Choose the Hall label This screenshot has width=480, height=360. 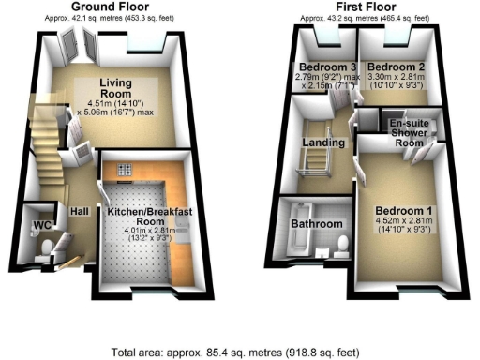point(79,212)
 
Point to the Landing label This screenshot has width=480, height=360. point(322,142)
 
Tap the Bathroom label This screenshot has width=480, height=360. point(314,225)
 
